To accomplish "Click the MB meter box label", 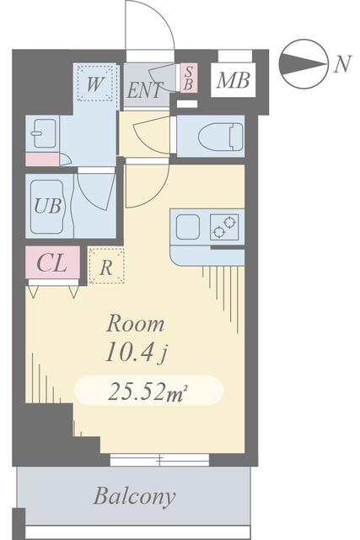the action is pos(233,81).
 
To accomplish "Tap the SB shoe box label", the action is pos(189,78).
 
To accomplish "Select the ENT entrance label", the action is pos(144,90).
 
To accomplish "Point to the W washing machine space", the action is pos(95,84).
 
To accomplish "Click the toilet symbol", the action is pos(221,137).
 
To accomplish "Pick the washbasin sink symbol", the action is pos(43,133).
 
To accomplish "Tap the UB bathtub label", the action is pos(47,206).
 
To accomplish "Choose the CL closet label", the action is pos(51,264).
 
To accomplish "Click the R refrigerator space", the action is pos(106,266).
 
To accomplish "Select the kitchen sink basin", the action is pos(188,227).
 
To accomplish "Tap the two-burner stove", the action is pos(224,227).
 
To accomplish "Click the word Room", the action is pos(135,324).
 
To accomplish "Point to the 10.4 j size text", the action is pos(137,353).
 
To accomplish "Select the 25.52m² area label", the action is pos(148,391).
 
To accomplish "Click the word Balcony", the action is pos(134,497).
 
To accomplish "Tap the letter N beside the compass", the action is pos(342,64).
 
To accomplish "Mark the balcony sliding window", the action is pos(159,460).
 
